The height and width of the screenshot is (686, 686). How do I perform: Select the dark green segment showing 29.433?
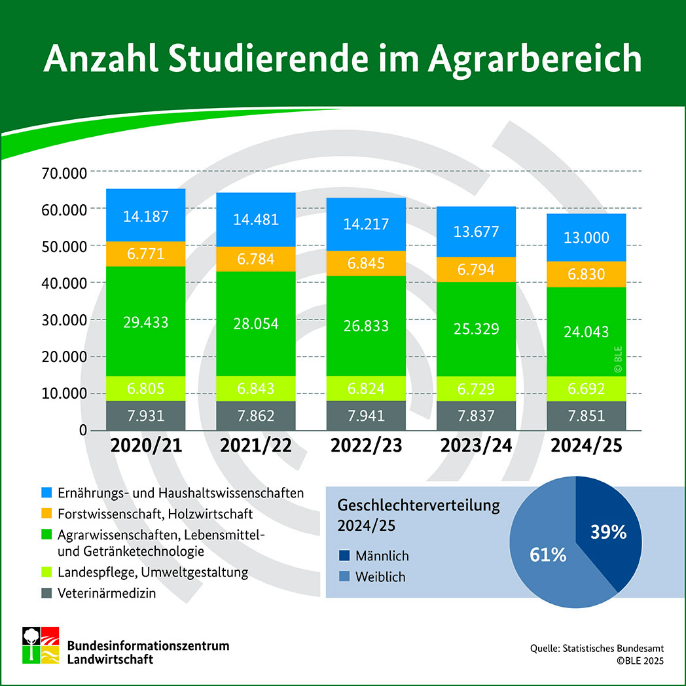pos(146,321)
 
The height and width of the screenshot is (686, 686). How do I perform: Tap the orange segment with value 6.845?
pos(367,263)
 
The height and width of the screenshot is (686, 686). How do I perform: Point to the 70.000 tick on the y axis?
pos(64,173)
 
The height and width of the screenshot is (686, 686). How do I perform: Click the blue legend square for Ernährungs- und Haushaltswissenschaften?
pos(47,492)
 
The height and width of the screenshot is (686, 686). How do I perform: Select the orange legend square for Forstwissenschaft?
pos(47,513)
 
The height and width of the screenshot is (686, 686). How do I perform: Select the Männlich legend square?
pos(344,556)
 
